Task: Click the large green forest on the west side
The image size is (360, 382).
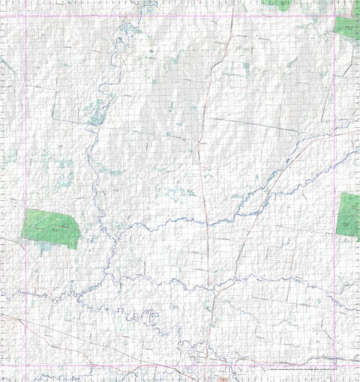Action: click(51, 228)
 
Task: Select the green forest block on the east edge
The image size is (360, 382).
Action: click(348, 215)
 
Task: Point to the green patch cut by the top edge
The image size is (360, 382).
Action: click(277, 4)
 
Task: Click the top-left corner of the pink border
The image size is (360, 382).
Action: click(25, 16)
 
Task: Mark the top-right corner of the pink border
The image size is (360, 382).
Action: click(334, 16)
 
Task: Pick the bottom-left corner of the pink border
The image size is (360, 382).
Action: click(25, 366)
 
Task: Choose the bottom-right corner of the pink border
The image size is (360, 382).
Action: click(334, 366)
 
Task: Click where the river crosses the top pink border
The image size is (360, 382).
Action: click(142, 16)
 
